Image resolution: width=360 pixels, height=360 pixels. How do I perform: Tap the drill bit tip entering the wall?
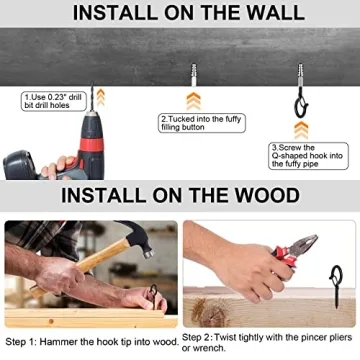click(92, 86)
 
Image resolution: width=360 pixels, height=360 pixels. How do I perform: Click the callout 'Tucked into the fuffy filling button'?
click(202, 123)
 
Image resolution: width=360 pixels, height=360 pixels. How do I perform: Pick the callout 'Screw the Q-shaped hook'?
click(308, 156)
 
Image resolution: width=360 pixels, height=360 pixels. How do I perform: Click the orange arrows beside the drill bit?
click(101, 97)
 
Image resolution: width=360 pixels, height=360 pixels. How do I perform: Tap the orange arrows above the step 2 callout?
click(193, 101)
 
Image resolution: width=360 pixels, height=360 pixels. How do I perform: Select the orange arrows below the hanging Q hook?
click(301, 130)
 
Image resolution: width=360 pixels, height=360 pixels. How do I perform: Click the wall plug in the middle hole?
click(193, 74)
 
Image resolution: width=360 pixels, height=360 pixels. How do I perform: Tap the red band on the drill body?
click(92, 144)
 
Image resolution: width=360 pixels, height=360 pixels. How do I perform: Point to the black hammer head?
click(138, 237)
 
